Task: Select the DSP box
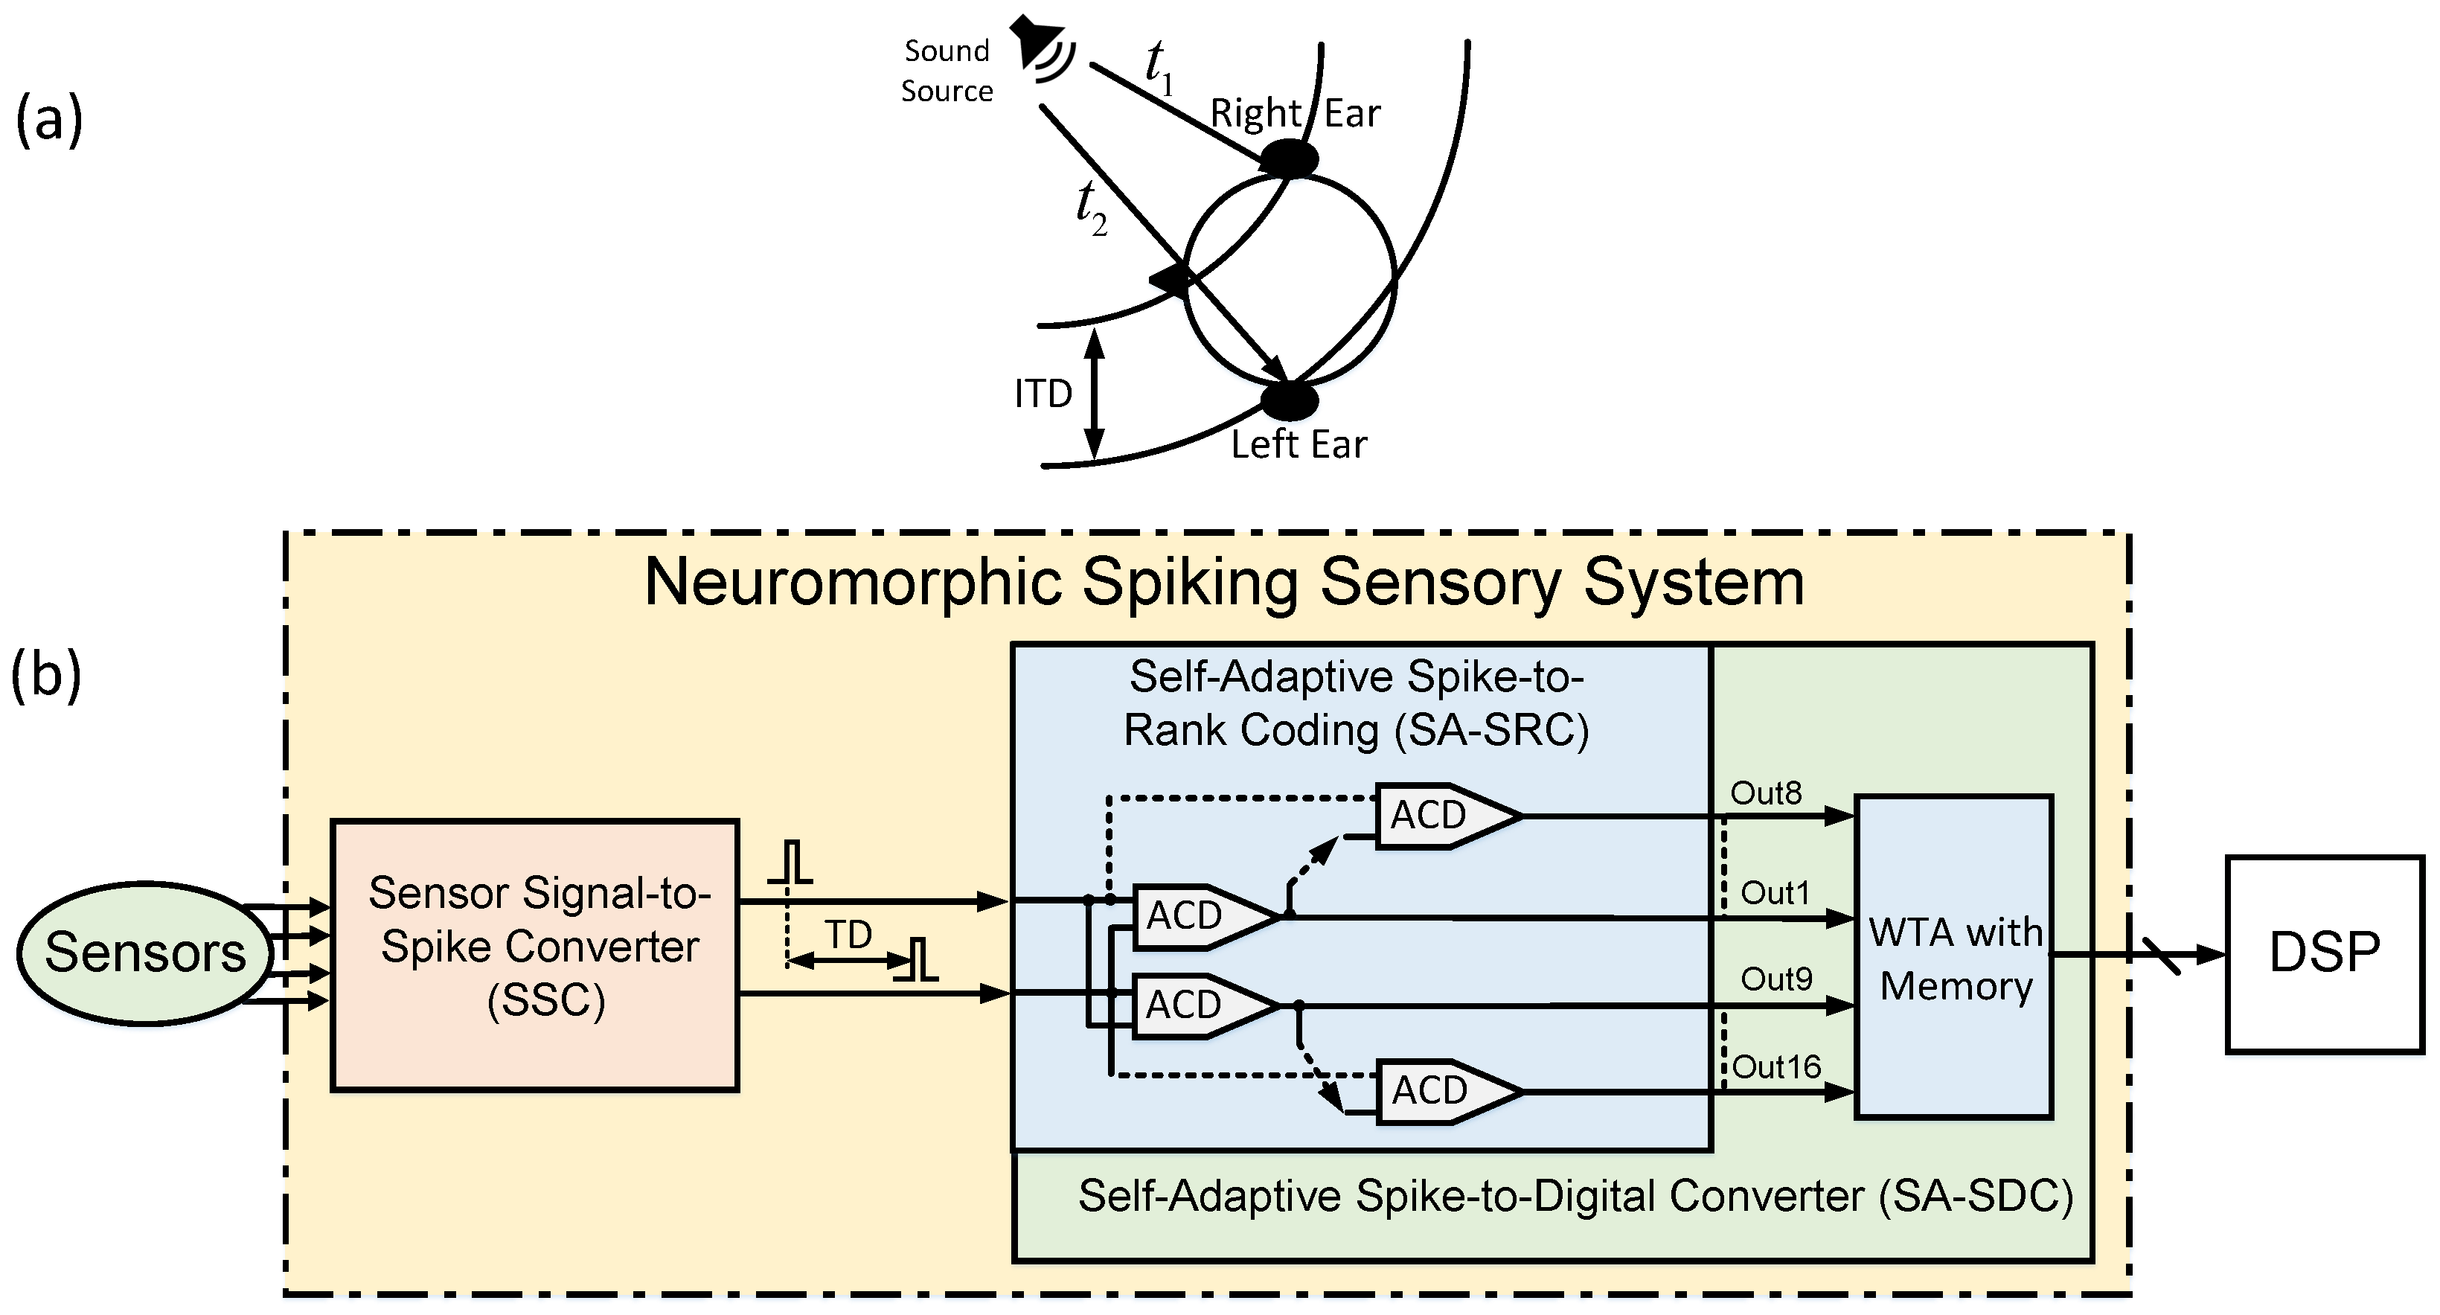tap(2323, 953)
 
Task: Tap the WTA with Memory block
tap(1954, 957)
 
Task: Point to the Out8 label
tap(1766, 794)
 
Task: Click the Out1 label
tap(1775, 892)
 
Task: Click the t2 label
tap(1091, 208)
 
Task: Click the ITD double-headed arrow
tap(1094, 393)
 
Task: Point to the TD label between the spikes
tap(848, 935)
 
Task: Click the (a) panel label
tap(49, 121)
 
